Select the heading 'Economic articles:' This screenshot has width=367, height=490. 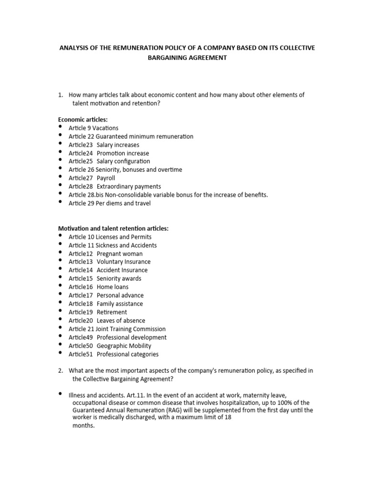(x=83, y=119)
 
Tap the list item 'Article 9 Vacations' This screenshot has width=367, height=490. (x=93, y=128)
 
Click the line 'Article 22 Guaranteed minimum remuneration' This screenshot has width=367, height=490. (x=131, y=136)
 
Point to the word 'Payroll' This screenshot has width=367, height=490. (x=106, y=178)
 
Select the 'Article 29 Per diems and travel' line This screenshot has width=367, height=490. (x=109, y=203)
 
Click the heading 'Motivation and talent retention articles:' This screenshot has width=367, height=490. (x=113, y=228)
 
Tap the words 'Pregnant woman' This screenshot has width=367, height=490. (x=119, y=254)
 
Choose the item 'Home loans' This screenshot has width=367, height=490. (x=112, y=287)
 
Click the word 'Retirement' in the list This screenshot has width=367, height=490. (x=112, y=312)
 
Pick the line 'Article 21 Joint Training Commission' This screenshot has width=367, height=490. (x=117, y=329)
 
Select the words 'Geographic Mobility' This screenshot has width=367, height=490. (x=124, y=345)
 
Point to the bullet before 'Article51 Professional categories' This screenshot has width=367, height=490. (x=60, y=353)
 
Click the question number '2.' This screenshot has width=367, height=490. (x=61, y=371)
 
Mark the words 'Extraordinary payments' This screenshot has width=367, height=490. (x=129, y=186)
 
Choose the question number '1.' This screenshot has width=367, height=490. (x=61, y=95)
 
